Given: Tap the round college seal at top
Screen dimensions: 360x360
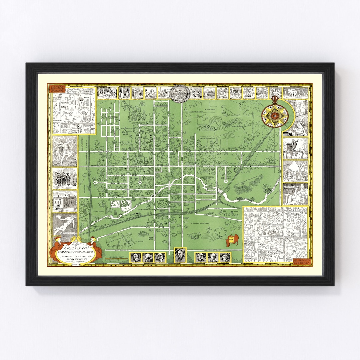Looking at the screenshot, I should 180,93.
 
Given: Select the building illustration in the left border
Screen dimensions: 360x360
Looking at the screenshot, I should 64,201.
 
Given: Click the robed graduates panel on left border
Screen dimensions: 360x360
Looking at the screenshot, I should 64,178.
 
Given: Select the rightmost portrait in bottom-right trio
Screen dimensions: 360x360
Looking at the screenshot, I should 225,257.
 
